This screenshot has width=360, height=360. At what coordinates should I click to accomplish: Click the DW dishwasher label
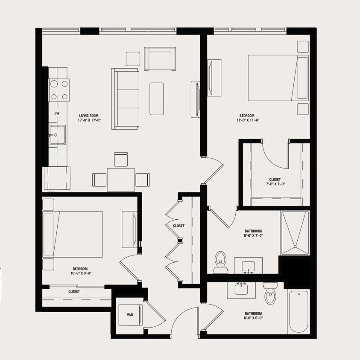pyautogui.click(x=56, y=113)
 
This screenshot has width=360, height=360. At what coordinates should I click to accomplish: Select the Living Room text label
pyautogui.click(x=89, y=116)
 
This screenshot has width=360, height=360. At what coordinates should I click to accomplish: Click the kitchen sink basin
pyautogui.click(x=56, y=135)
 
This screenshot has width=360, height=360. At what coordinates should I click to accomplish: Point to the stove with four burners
pyautogui.click(x=59, y=90)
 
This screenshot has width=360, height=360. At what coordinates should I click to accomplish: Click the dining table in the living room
pyautogui.click(x=121, y=180)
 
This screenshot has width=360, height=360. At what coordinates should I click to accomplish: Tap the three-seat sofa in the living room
pyautogui.click(x=126, y=99)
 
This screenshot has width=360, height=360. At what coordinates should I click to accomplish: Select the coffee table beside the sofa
pyautogui.click(x=157, y=99)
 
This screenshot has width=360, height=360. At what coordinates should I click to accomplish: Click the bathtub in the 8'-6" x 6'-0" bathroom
pyautogui.click(x=299, y=311)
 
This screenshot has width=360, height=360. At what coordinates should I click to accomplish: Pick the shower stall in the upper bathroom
pyautogui.click(x=294, y=230)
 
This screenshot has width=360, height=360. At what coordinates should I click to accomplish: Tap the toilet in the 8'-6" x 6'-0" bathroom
pyautogui.click(x=270, y=293)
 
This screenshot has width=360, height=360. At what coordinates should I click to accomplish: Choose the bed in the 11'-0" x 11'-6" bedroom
pyautogui.click(x=278, y=78)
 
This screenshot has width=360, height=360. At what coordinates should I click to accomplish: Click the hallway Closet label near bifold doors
pyautogui.click(x=179, y=226)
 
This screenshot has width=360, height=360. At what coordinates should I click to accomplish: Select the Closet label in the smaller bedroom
pyautogui.click(x=74, y=292)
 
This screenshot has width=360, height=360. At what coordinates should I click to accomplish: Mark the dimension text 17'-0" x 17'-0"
pyautogui.click(x=89, y=121)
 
